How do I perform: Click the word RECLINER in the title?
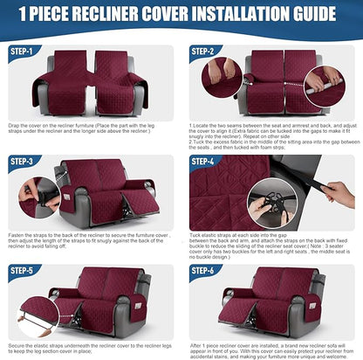111,15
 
